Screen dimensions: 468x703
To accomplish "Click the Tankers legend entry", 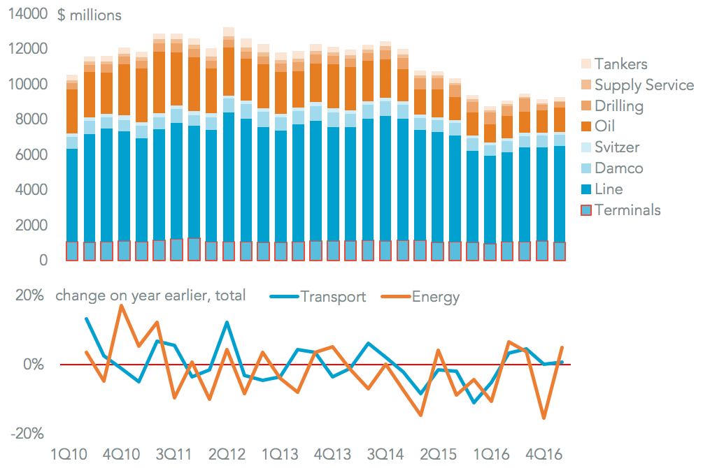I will (620, 64).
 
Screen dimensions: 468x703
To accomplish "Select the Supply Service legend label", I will (644, 85).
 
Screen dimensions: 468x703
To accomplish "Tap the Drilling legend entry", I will (618, 106).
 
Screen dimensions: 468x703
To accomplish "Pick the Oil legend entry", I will (606, 127).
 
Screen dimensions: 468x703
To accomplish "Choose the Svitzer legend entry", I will (617, 147).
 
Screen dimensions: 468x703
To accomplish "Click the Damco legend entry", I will (618, 168).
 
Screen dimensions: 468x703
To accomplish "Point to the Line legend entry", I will (608, 189).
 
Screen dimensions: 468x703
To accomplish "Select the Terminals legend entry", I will (627, 210).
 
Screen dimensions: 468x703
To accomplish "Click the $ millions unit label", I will (89, 15).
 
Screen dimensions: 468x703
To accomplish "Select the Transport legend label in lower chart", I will (333, 297).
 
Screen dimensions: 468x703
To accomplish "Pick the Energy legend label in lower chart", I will (436, 297).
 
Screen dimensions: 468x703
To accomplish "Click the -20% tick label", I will (29, 434).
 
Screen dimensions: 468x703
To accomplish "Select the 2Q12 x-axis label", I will (227, 454).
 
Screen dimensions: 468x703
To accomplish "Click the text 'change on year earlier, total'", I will (150, 295).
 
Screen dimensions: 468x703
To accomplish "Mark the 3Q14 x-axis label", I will (384, 454).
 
